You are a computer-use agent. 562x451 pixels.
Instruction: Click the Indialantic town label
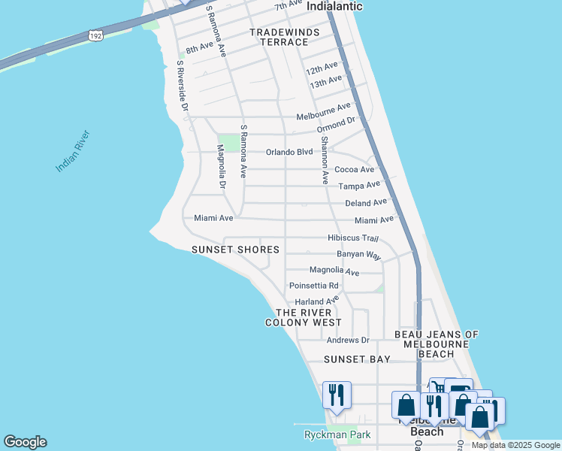334,6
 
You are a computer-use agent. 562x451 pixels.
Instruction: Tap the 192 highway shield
95,35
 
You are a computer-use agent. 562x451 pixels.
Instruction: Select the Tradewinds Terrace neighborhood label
285,37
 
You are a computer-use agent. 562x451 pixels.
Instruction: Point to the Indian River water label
73,151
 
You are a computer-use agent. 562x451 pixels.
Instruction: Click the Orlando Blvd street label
289,152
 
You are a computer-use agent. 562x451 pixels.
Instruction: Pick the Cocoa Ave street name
354,170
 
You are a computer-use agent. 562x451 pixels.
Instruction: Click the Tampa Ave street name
359,185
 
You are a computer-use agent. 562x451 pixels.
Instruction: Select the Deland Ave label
365,202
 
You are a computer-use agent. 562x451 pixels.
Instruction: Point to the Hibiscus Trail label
352,238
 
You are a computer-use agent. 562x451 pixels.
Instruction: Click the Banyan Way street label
358,255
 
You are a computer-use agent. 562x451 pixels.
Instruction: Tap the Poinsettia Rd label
314,286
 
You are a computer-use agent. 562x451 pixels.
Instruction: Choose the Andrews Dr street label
344,340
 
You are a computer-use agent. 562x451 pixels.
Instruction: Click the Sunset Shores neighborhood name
235,250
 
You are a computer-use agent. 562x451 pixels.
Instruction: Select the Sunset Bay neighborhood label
357,359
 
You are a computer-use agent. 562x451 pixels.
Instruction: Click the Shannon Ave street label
325,159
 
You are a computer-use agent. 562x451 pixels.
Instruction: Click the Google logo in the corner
25,442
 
